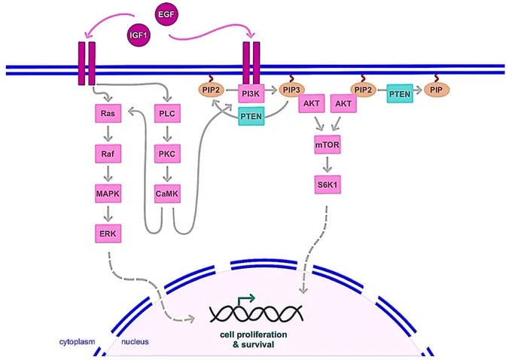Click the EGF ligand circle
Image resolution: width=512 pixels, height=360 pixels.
pyautogui.click(x=166, y=14)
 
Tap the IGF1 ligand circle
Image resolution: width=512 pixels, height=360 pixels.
pyautogui.click(x=139, y=35)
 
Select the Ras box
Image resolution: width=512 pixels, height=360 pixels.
pyautogui.click(x=108, y=114)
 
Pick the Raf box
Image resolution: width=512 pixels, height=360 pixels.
pyautogui.click(x=108, y=154)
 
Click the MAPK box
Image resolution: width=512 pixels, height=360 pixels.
pyautogui.click(x=108, y=194)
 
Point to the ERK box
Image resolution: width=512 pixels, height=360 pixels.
pyautogui.click(x=108, y=233)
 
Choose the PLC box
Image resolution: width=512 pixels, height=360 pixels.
pyautogui.click(x=167, y=114)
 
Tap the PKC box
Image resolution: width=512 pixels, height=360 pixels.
pyautogui.click(x=167, y=154)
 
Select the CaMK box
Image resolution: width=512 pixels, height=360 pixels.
pyautogui.click(x=167, y=194)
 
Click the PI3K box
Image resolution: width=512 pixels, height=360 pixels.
pyautogui.click(x=251, y=93)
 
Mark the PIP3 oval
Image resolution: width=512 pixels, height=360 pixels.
pyautogui.click(x=291, y=90)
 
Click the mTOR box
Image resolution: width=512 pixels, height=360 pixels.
pyautogui.click(x=328, y=145)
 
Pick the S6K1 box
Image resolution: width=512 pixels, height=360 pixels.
pyautogui.click(x=328, y=185)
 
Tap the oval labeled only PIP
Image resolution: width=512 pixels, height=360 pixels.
pyautogui.click(x=437, y=90)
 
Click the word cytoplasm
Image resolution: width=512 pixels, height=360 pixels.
pyautogui.click(x=77, y=342)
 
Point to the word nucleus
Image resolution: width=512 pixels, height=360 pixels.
pyautogui.click(x=135, y=342)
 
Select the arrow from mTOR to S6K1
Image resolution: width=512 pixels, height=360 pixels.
pyautogui.click(x=328, y=165)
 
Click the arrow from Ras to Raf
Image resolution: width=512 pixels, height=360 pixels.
pyautogui.click(x=108, y=133)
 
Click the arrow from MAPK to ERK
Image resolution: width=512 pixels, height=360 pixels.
pyautogui.click(x=108, y=214)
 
